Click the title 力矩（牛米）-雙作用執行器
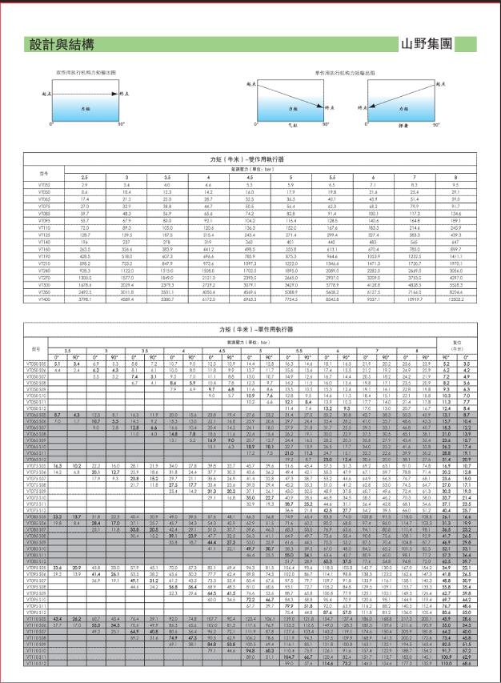(250, 159)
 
